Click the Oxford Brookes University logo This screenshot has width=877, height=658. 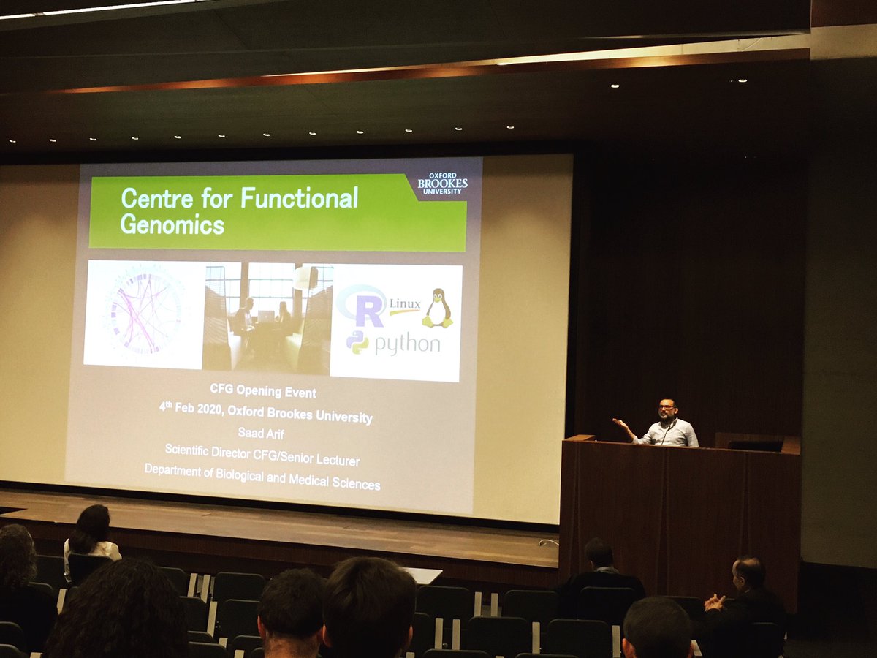tap(442, 184)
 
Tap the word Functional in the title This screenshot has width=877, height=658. tap(300, 198)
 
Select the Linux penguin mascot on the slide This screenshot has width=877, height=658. tap(438, 308)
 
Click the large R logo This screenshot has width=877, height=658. tap(363, 306)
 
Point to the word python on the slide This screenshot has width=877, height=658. tap(407, 344)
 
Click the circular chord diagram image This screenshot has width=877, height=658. tap(145, 313)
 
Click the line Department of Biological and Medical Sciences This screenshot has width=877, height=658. tap(262, 477)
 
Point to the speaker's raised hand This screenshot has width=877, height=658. tap(620, 423)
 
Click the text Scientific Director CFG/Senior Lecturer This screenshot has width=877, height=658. tap(262, 455)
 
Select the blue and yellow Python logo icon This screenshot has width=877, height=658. tap(358, 342)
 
